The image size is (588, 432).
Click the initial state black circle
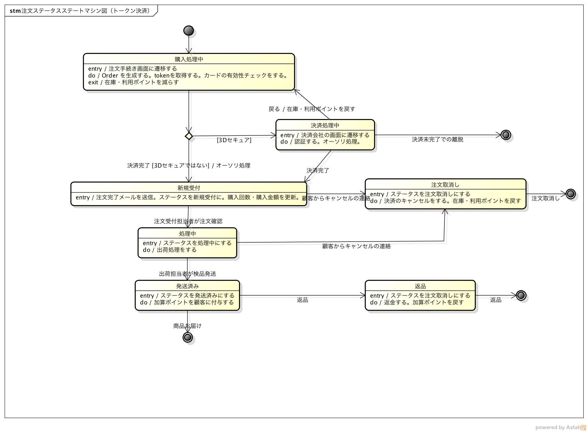(x=189, y=31)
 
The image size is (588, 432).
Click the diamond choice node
(x=189, y=136)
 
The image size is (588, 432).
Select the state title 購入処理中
(x=189, y=59)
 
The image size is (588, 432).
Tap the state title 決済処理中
(x=325, y=125)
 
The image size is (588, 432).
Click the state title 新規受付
(x=189, y=188)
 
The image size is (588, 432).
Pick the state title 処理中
(x=187, y=234)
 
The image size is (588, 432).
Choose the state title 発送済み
(x=187, y=286)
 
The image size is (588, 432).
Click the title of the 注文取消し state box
(x=445, y=185)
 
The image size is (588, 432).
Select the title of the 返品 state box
(x=420, y=286)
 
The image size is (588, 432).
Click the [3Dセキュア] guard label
(x=234, y=140)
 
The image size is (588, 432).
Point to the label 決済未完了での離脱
(x=437, y=139)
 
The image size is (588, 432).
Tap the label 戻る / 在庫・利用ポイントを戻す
(x=312, y=109)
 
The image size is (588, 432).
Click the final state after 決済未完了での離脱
(x=505, y=135)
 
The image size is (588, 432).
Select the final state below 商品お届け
(x=188, y=337)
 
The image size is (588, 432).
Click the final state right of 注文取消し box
(x=570, y=194)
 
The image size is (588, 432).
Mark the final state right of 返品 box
(x=521, y=296)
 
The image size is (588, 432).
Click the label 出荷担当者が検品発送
(x=187, y=274)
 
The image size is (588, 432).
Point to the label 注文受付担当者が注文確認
(x=188, y=221)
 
